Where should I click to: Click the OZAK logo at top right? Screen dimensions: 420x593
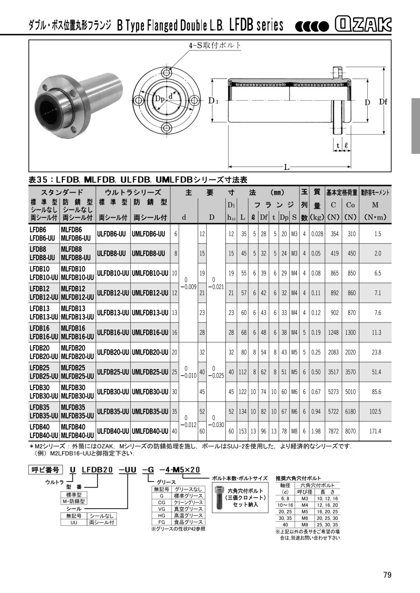363,25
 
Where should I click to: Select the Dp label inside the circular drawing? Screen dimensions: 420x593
160,99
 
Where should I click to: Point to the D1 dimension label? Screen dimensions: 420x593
213,101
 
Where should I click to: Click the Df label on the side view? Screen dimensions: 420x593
383,101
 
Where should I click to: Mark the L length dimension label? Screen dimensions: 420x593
287,167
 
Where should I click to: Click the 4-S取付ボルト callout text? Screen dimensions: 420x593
215,45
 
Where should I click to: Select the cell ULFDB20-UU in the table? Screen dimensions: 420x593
113,352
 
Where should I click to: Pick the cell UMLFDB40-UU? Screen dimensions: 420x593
150,431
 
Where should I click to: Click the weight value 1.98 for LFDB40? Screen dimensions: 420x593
316,431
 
